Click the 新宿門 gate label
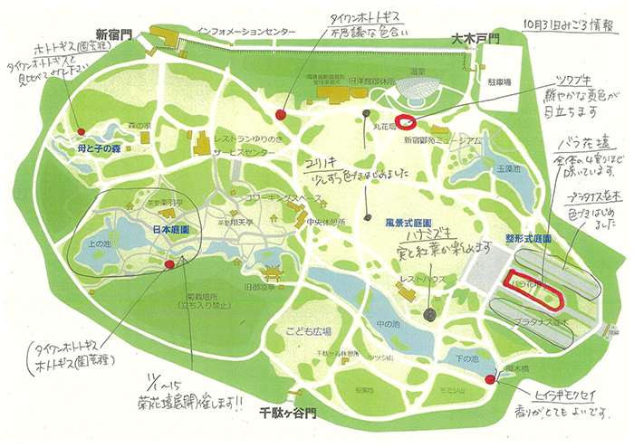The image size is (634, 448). pos(114,32)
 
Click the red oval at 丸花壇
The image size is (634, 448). pos(406,122)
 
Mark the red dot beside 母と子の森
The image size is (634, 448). pos(81,131)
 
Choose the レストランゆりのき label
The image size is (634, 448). pos(245,139)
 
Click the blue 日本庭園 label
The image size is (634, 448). pos(171,229)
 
